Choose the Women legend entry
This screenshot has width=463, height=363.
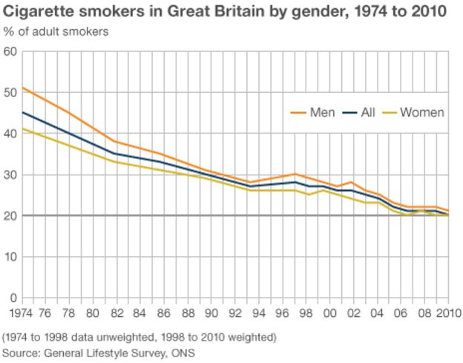(x=421, y=113)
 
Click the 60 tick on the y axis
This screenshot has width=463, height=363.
(x=10, y=52)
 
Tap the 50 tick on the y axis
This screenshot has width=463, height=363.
(x=10, y=93)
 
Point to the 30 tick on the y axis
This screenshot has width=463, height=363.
(x=10, y=175)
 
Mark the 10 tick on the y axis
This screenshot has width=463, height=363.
(x=10, y=258)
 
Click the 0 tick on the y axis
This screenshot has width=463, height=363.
(x=13, y=298)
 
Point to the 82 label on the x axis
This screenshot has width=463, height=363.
(x=117, y=312)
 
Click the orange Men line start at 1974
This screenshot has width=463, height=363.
(x=23, y=88)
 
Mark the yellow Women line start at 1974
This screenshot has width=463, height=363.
(x=23, y=129)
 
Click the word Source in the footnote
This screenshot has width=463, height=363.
(x=21, y=353)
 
